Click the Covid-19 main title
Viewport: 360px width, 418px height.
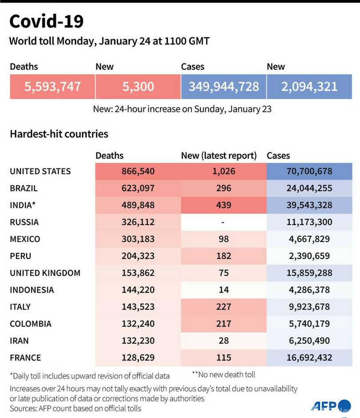(46, 21)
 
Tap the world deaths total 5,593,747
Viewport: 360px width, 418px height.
(52, 86)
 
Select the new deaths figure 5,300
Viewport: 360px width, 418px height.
(138, 86)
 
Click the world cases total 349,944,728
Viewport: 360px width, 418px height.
(224, 86)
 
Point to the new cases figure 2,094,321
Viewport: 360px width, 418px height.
(309, 86)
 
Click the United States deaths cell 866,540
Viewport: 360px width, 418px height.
(138, 171)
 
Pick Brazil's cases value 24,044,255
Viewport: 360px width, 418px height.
(309, 188)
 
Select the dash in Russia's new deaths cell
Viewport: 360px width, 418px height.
(224, 222)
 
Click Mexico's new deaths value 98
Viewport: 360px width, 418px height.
(224, 239)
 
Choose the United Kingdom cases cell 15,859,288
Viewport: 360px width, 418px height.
(309, 273)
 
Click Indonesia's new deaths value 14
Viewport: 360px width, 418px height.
(224, 290)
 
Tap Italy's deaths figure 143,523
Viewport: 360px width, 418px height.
(138, 307)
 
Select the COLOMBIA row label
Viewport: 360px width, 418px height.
(31, 324)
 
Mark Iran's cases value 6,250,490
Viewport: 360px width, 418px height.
(309, 341)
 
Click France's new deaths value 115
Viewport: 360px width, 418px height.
(224, 358)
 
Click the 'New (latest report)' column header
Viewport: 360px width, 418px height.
(219, 156)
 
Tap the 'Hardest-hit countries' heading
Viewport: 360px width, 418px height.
(59, 134)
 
